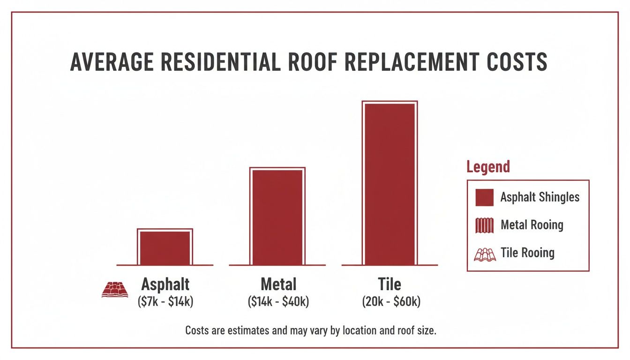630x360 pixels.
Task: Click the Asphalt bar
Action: click(x=165, y=247)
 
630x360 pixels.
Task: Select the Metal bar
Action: click(x=277, y=216)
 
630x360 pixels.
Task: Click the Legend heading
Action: click(x=488, y=166)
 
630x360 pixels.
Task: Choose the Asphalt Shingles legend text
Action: click(x=540, y=197)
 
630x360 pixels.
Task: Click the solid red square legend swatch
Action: click(x=484, y=197)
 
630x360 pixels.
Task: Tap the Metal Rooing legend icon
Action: click(x=484, y=225)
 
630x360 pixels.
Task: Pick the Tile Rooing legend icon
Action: click(x=485, y=254)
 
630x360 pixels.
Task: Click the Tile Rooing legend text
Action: click(x=527, y=253)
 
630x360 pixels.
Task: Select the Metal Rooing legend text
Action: click(x=532, y=225)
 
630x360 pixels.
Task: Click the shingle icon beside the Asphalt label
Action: click(x=115, y=289)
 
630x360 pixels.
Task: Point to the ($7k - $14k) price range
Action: click(x=165, y=302)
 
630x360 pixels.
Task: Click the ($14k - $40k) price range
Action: click(x=278, y=302)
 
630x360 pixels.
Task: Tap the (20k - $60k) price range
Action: click(x=391, y=302)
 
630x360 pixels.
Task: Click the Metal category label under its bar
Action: click(x=278, y=285)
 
